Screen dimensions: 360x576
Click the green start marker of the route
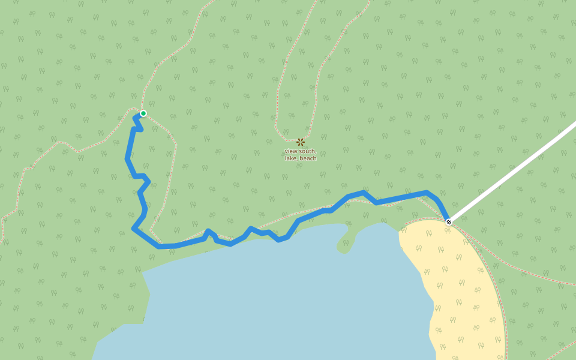(143, 113)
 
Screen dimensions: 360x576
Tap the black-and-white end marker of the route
(448, 222)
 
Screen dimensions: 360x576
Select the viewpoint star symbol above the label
(301, 142)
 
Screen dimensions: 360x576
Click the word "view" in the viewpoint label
(291, 151)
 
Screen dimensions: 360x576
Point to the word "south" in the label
(307, 151)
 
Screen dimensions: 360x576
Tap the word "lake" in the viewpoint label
(290, 158)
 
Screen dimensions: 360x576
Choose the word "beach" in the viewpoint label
(308, 158)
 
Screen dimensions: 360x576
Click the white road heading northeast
(516, 170)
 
